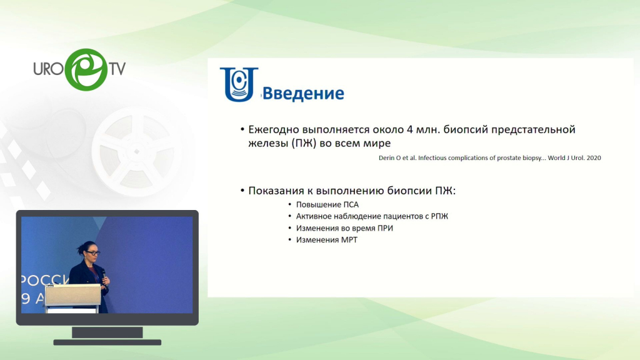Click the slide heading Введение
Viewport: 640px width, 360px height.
pyautogui.click(x=303, y=94)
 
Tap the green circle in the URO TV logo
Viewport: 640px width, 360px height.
pyautogui.click(x=86, y=69)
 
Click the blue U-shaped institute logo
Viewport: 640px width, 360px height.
pyautogui.click(x=239, y=84)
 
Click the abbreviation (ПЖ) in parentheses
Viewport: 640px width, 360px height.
pyautogui.click(x=304, y=143)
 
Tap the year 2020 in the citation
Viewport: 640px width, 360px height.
pyautogui.click(x=594, y=158)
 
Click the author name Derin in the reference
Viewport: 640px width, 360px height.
pyautogui.click(x=386, y=158)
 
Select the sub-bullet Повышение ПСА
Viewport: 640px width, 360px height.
pyautogui.click(x=327, y=204)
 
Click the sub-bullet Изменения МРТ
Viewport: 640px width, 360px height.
pyautogui.click(x=326, y=240)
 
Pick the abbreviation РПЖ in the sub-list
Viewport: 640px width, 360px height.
pyautogui.click(x=439, y=216)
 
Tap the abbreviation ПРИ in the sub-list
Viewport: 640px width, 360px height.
pyautogui.click(x=384, y=228)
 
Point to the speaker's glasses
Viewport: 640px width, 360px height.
pyautogui.click(x=92, y=253)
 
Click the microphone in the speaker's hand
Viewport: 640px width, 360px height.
pyautogui.click(x=104, y=274)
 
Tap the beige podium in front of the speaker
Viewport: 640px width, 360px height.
pyautogui.click(x=72, y=297)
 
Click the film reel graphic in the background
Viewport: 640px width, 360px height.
pyautogui.click(x=137, y=151)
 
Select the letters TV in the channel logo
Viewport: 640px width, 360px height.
pyautogui.click(x=117, y=69)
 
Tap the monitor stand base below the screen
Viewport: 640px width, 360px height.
pyautogui.click(x=107, y=342)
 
